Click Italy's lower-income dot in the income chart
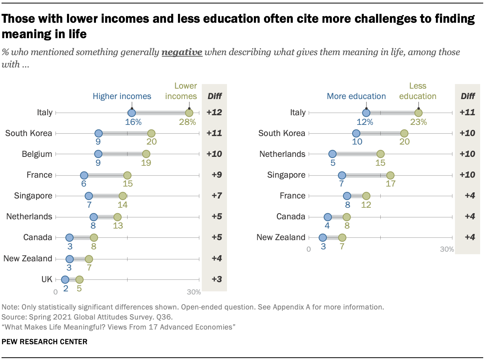(x=189, y=113)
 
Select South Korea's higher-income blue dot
(x=98, y=133)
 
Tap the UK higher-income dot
(x=65, y=279)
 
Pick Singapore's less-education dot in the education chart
(x=390, y=175)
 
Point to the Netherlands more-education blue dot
(x=332, y=154)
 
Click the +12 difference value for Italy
(x=214, y=113)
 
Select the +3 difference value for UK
(x=214, y=279)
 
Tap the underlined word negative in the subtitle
(x=182, y=52)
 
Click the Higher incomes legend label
(x=122, y=96)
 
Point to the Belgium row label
(x=37, y=154)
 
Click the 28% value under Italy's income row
(x=187, y=122)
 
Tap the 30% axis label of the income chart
(x=194, y=292)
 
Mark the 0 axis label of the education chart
(x=309, y=249)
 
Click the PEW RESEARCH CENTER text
(x=45, y=341)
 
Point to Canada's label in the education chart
(x=291, y=217)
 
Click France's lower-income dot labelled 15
(x=127, y=175)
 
